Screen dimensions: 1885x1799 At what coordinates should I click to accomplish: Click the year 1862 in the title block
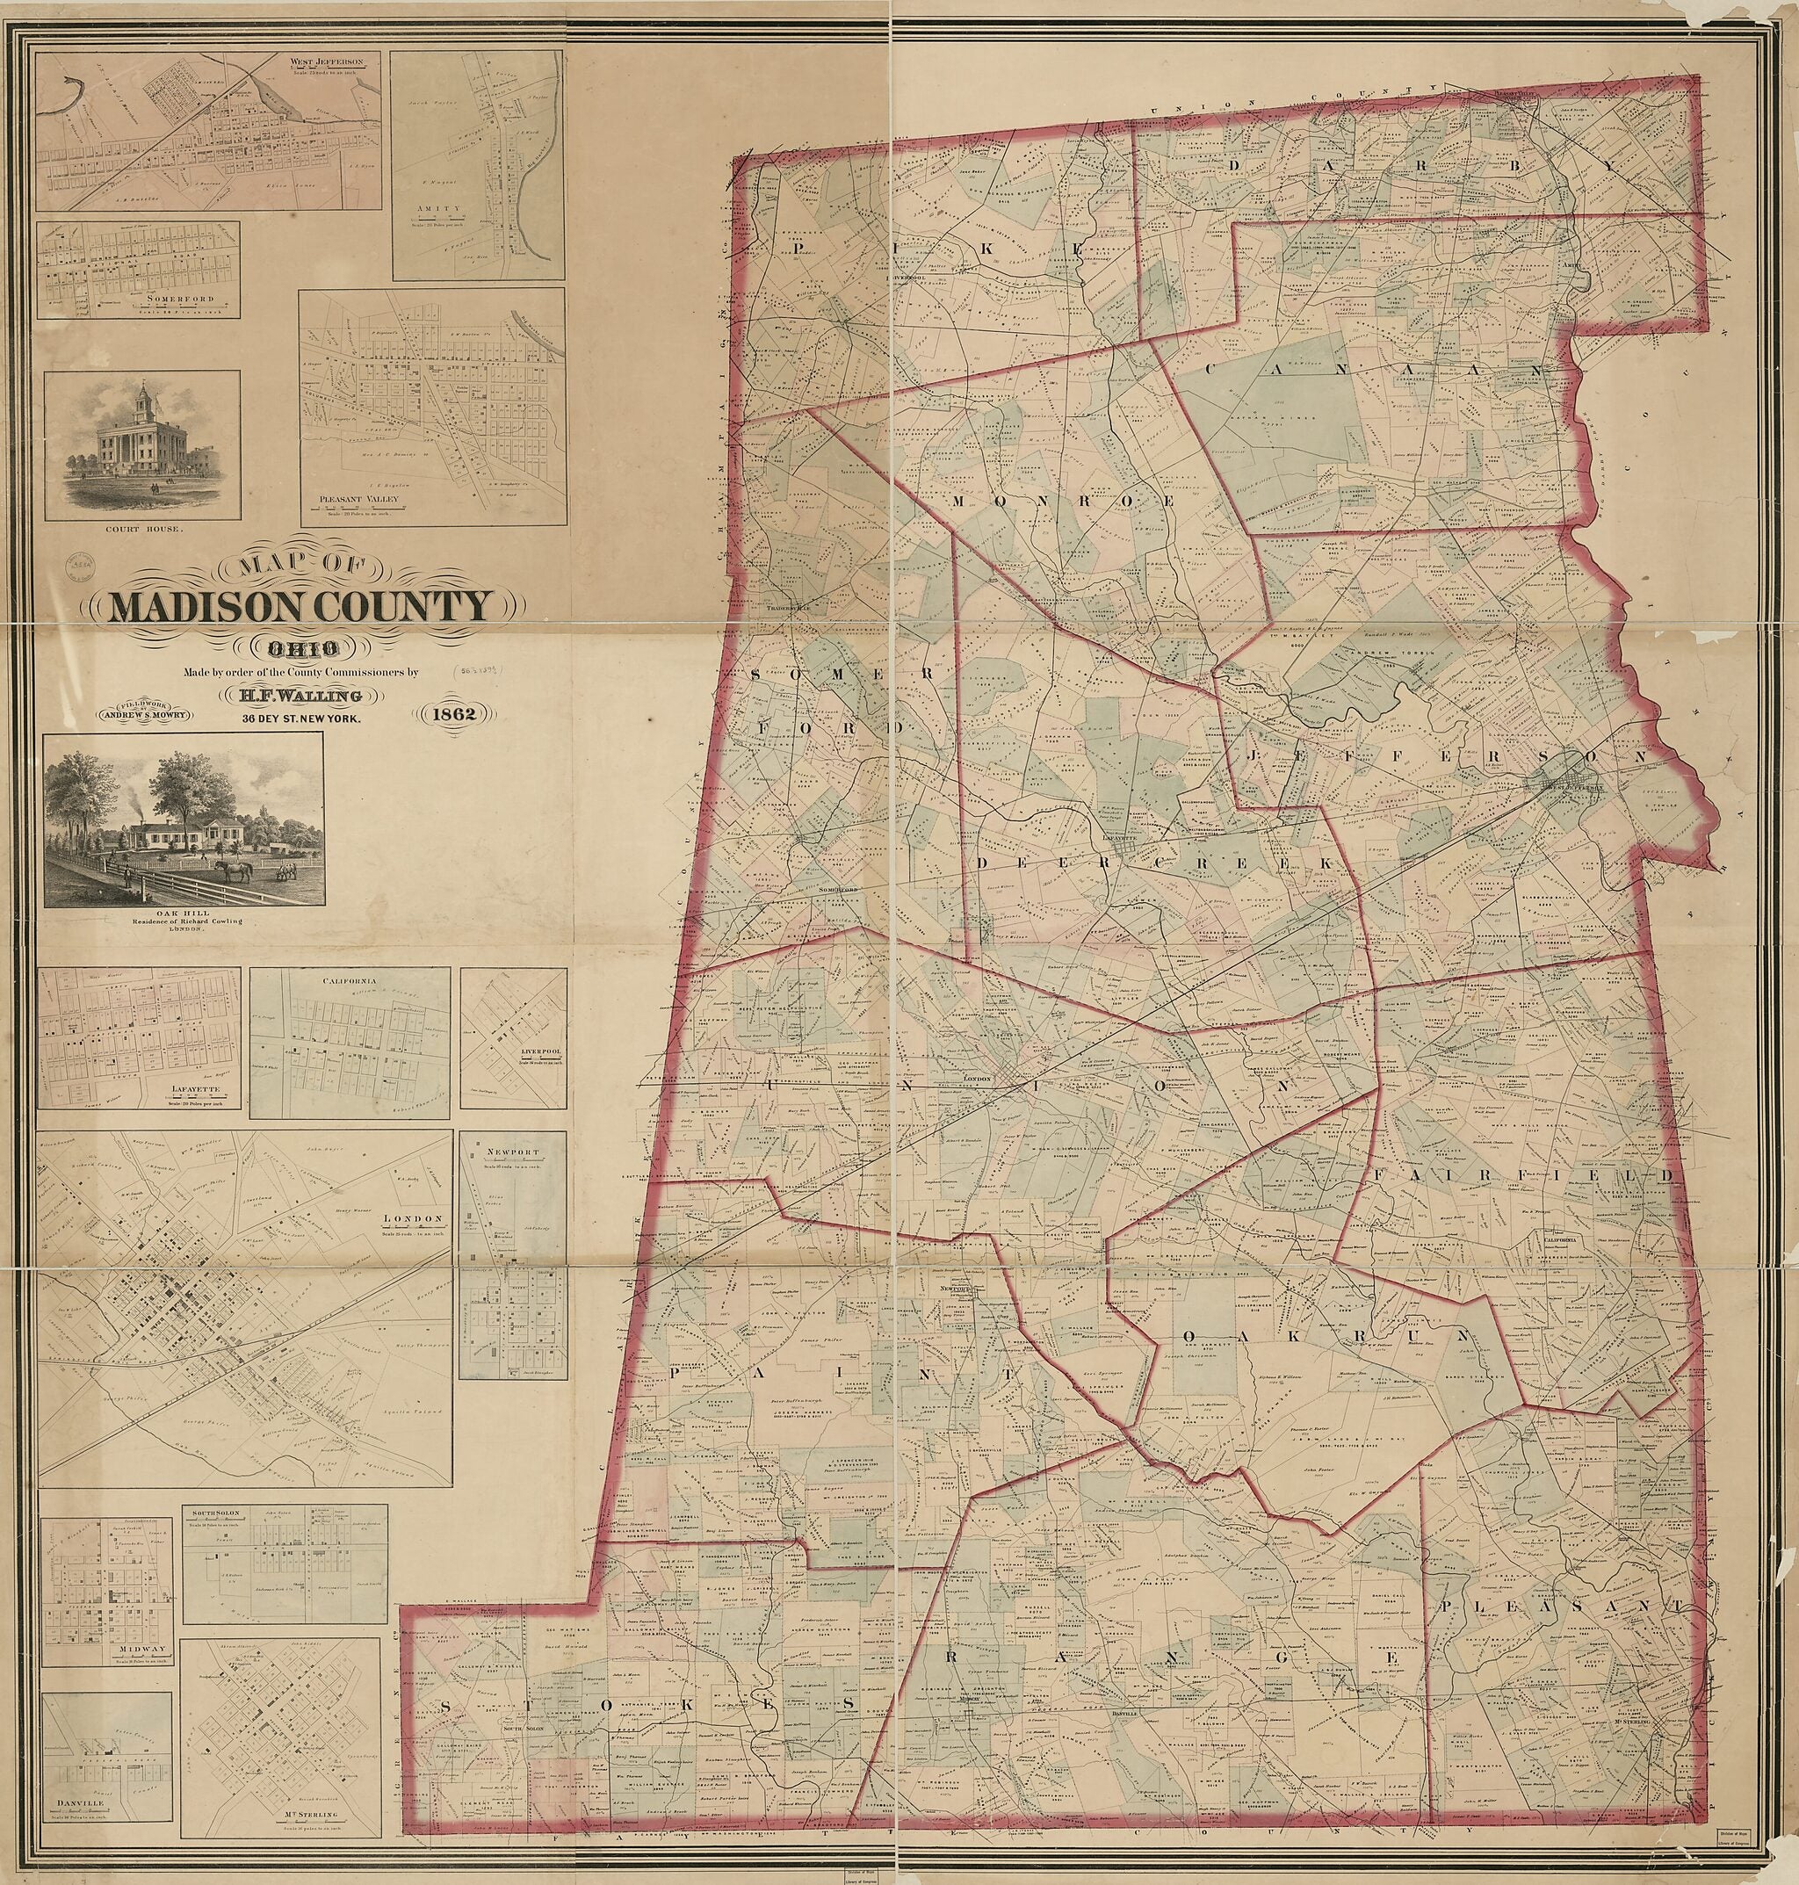452,712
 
